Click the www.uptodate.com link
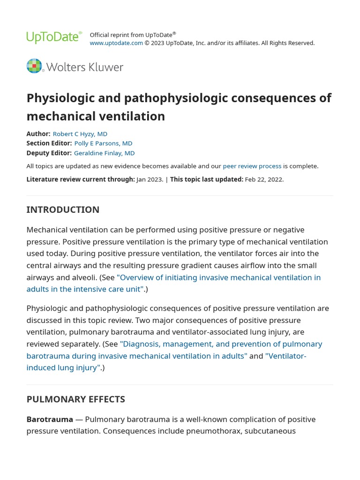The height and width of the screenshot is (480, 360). click(116, 43)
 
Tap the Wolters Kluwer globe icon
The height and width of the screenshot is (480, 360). click(34, 66)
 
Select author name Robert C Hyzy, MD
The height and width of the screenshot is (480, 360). click(80, 134)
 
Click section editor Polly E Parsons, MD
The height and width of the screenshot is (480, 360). click(103, 143)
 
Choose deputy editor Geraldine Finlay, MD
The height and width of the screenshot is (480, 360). click(104, 153)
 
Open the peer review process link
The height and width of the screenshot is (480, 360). click(252, 166)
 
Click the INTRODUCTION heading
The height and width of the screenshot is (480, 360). click(63, 210)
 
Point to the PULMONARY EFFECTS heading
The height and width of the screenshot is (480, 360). click(75, 399)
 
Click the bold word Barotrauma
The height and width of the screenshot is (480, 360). click(50, 419)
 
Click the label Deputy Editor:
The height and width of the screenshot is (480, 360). click(49, 153)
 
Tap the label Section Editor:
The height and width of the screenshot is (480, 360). click(49, 143)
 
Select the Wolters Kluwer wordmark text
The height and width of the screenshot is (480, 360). click(85, 67)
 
